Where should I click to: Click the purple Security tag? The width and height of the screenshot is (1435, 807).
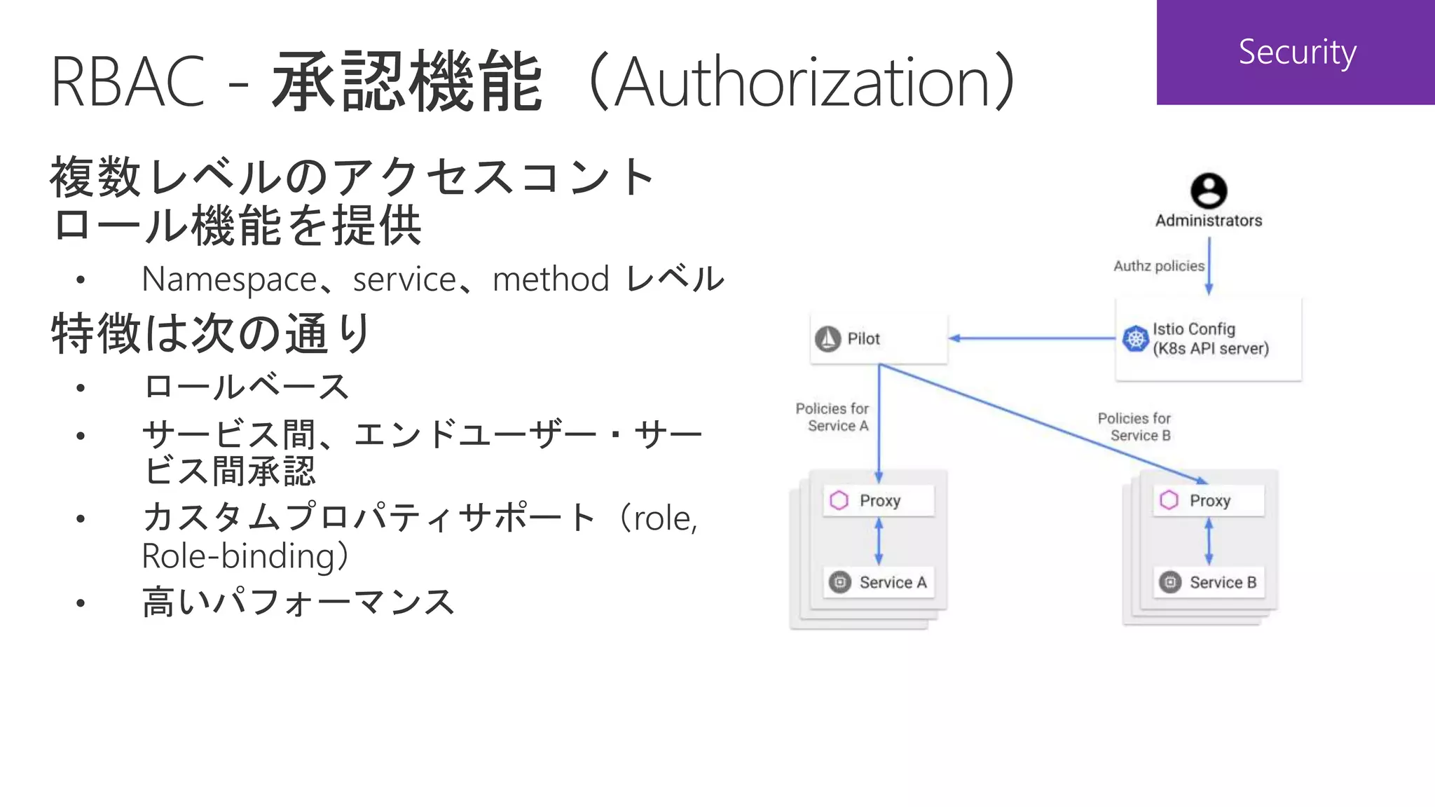(x=1296, y=53)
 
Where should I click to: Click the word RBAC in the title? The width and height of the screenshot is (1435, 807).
(x=128, y=83)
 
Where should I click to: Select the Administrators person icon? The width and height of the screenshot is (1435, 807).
(x=1209, y=191)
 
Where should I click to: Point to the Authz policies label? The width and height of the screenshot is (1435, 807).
(x=1159, y=266)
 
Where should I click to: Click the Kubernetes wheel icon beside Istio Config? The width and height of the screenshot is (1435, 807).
(x=1135, y=339)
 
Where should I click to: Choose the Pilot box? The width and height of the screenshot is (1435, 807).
(x=879, y=339)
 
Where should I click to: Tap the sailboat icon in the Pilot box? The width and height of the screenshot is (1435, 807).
(x=828, y=339)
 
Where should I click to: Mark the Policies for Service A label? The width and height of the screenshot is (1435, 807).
(x=832, y=417)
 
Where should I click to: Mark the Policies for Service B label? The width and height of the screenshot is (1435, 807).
(x=1134, y=427)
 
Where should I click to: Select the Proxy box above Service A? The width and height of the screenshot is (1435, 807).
(x=879, y=501)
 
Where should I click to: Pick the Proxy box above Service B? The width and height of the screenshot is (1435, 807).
(x=1209, y=501)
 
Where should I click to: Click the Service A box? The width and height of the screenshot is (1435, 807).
(x=879, y=582)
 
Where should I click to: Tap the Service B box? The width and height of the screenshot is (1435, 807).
(x=1209, y=582)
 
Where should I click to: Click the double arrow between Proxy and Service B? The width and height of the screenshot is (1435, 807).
(x=1209, y=542)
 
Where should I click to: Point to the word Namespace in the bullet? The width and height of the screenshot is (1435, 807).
(x=230, y=280)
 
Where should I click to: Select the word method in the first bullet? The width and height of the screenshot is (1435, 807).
(x=551, y=280)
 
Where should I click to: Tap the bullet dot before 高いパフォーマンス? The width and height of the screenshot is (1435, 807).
(x=81, y=603)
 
